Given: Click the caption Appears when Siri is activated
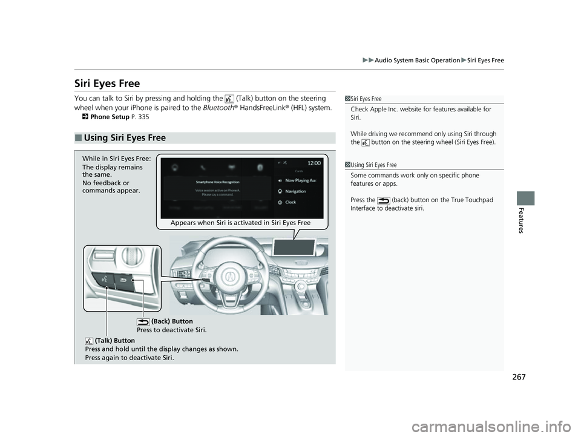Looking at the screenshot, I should tap(240, 223).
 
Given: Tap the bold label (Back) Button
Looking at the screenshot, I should tap(172, 321).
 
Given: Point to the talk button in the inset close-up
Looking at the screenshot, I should tap(105, 280).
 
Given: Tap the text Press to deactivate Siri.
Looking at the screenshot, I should tap(172, 330).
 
